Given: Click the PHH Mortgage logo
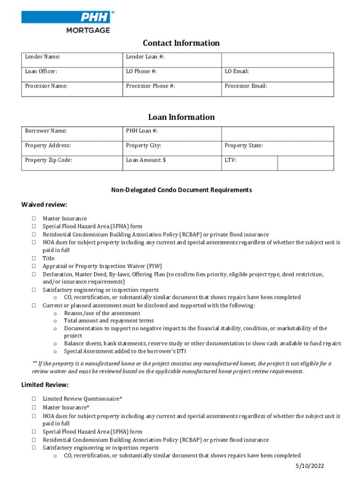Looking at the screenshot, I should pos(67,22).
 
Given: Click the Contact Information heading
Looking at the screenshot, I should pos(181,43).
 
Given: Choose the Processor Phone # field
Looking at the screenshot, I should pos(172,86).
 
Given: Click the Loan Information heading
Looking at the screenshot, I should pos(181,117).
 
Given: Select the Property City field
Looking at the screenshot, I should pos(172,146).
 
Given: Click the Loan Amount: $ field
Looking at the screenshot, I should pos(172,160).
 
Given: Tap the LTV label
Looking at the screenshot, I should pos(231,160).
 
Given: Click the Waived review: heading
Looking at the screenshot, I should pos(44,204).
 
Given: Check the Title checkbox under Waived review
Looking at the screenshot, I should pos(34,258).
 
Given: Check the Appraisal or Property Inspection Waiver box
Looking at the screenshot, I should pos(34,266).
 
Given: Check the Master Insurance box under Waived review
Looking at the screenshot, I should pos(34,219).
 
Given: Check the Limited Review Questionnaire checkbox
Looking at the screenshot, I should pos(34,399).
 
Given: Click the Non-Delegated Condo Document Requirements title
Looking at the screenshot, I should pos(181,190).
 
